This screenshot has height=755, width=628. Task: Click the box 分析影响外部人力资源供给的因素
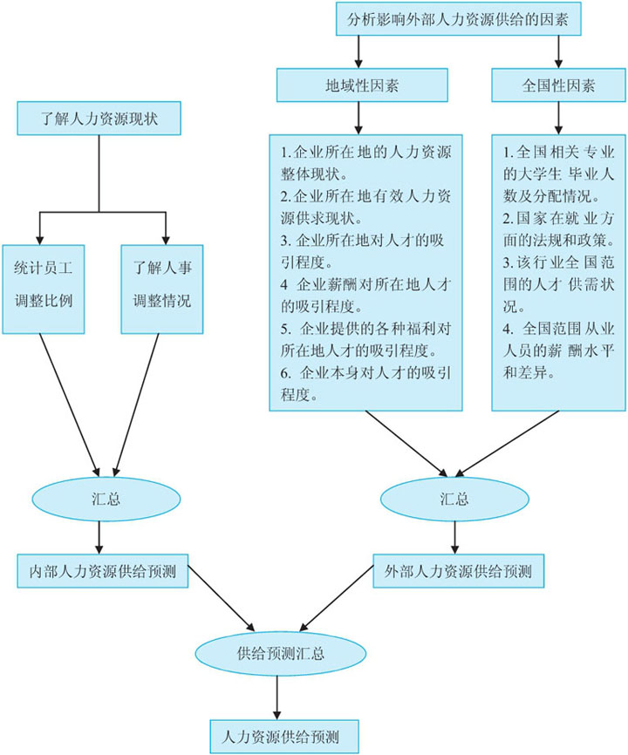pos(458,19)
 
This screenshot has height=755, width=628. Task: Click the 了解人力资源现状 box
pos(99,119)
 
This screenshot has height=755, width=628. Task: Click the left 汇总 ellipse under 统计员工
pos(99,500)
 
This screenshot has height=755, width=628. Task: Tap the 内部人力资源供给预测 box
pos(103,572)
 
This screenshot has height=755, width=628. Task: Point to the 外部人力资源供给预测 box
pos(458,572)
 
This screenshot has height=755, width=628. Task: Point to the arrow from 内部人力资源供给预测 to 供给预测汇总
pos(222,599)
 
